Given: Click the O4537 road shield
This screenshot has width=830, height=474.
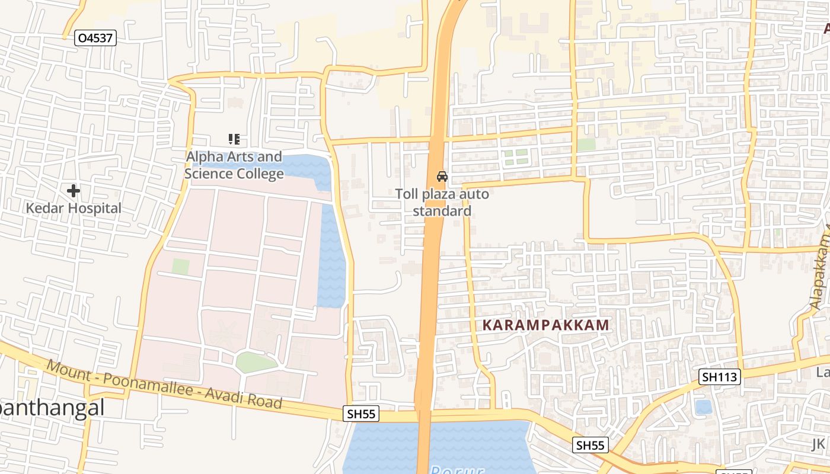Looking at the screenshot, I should click(96, 39).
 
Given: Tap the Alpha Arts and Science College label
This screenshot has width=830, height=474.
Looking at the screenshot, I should click(234, 165).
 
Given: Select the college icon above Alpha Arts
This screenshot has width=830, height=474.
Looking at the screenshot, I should click(234, 139).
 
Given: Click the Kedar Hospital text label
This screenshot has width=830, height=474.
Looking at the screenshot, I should click(74, 209).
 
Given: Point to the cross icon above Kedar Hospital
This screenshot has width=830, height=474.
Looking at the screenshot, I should click(74, 191).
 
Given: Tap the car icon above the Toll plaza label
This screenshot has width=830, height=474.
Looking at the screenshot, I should click(442, 176).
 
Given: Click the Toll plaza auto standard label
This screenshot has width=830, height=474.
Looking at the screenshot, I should click(442, 203).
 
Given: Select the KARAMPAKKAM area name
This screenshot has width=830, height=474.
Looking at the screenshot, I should click(546, 325).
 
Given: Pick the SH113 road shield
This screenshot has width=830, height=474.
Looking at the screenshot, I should click(720, 376).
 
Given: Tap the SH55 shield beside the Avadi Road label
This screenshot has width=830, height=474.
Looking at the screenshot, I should click(360, 414).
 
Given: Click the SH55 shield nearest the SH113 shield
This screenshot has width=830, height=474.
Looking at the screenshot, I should click(590, 445).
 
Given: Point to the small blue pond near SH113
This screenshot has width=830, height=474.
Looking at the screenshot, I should click(704, 407).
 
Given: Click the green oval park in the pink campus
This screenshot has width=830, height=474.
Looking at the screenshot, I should click(256, 361).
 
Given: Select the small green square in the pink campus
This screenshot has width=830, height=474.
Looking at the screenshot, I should click(180, 267).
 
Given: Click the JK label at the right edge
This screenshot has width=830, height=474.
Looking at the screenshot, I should click(819, 444).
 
